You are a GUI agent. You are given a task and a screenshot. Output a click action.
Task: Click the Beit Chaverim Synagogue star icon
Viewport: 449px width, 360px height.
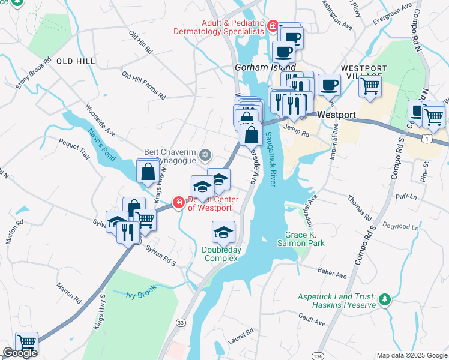pos(206,155)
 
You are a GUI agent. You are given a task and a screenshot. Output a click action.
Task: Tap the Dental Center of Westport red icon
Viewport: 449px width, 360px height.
pos(178,203)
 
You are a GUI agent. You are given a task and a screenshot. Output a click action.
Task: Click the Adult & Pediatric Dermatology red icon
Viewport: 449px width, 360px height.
pos(273,26)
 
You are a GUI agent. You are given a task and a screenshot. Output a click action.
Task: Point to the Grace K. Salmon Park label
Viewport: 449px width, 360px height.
pos(305,239)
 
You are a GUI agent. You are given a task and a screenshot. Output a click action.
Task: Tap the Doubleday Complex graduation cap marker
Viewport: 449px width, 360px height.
pos(223,232)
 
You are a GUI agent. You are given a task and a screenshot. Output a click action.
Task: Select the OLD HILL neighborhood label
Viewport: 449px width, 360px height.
pos(76,61)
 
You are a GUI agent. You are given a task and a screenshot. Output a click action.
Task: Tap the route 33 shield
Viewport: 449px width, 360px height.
pos(181,322)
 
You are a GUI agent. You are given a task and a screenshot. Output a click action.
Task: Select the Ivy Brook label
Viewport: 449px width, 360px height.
pos(141,292)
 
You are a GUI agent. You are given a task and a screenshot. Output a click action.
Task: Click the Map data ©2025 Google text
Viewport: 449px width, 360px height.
pos(412,355)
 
